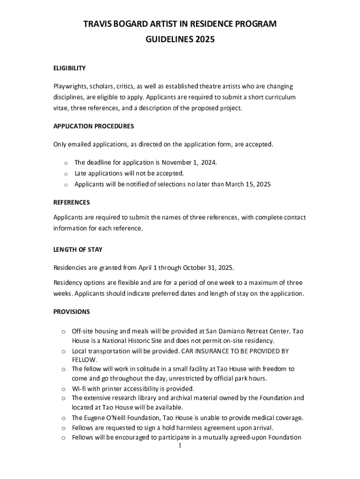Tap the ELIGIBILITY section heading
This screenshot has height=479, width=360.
coord(69,68)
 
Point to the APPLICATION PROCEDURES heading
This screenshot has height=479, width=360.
coord(94,126)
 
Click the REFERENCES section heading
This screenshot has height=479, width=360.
coord(72,203)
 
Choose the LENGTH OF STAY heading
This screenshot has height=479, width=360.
coord(78,250)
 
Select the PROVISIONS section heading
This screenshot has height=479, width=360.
coord(72,312)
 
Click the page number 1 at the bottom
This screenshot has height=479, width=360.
coord(180,446)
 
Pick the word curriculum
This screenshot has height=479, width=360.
coord(280,97)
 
